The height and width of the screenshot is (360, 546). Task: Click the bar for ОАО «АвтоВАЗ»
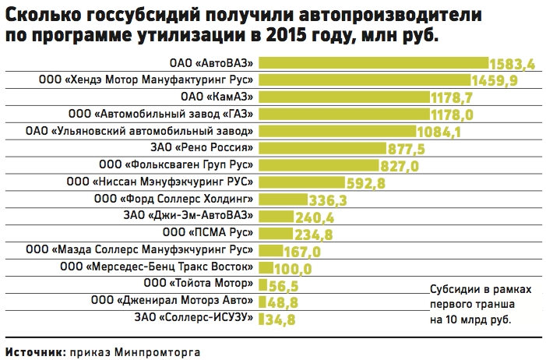(374, 63)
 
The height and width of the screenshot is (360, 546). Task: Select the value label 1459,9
(495, 80)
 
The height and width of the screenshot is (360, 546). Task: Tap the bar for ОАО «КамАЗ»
(344, 97)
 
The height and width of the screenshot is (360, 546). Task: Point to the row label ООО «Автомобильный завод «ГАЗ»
(160, 114)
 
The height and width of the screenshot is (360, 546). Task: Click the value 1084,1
(439, 132)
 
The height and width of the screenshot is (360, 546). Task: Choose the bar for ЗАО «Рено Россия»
(322, 148)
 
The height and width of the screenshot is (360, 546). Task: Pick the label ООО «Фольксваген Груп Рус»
(176, 164)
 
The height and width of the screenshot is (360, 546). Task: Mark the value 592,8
(366, 183)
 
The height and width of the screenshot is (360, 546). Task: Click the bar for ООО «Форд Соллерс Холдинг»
(283, 199)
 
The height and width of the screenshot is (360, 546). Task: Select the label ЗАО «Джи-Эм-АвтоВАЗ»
(188, 215)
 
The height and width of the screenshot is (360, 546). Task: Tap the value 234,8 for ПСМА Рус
(313, 235)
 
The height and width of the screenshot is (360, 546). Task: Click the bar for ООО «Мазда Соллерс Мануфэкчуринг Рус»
(270, 251)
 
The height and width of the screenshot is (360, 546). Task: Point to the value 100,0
(293, 269)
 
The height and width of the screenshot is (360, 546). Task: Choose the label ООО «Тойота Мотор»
(198, 284)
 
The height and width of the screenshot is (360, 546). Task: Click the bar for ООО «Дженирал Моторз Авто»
(262, 302)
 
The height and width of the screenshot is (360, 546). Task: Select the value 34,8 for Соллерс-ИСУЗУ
(280, 319)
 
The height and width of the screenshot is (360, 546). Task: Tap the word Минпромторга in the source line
(157, 352)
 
